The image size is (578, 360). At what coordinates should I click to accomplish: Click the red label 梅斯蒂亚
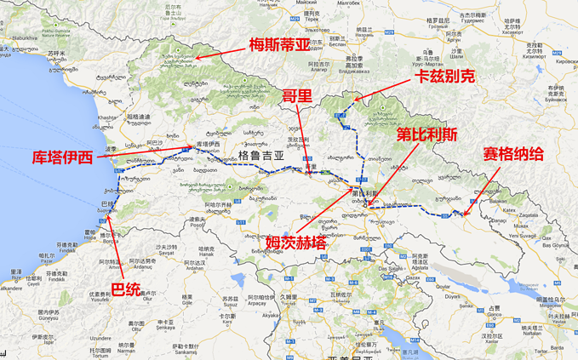click(x=281, y=44)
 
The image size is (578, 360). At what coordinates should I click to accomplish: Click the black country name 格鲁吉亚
click(x=258, y=157)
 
